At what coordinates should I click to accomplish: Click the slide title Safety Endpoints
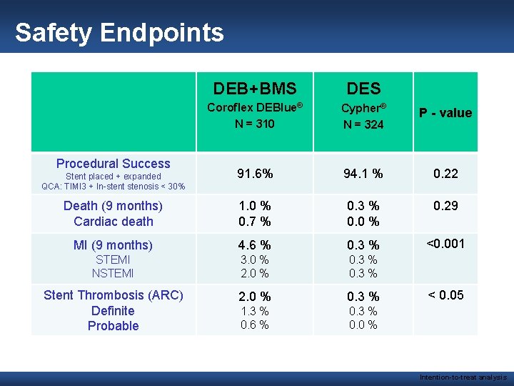[x=119, y=33]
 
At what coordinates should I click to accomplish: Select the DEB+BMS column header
[x=255, y=89]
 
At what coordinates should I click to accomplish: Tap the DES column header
[x=363, y=89]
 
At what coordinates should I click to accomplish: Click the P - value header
[x=445, y=113]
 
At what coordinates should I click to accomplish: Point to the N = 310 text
[x=255, y=124]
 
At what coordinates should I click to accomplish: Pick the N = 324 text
[x=363, y=124]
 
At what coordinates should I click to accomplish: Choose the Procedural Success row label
[x=114, y=164]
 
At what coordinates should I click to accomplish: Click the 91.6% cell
[x=255, y=174]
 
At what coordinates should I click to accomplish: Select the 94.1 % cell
[x=363, y=174]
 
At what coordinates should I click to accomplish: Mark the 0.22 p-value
[x=445, y=174]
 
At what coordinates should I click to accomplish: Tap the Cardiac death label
[x=114, y=221]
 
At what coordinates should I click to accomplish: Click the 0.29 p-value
[x=445, y=206]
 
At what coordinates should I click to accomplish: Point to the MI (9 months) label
[x=114, y=245]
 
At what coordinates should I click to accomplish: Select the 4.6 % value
[x=255, y=245]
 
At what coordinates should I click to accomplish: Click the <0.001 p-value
[x=445, y=244]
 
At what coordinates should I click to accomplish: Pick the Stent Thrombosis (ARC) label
[x=114, y=295]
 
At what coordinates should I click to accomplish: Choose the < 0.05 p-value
[x=445, y=295]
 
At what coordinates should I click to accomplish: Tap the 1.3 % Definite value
[x=255, y=311]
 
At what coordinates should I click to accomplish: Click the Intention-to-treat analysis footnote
[x=463, y=377]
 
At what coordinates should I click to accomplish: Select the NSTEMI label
[x=114, y=273]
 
